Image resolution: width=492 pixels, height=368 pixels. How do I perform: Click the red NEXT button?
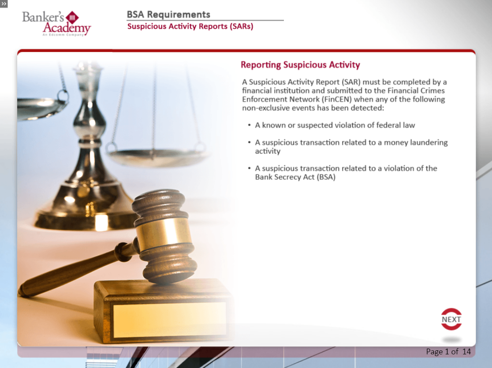(451, 319)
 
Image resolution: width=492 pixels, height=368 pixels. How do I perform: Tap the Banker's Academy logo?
(56, 23)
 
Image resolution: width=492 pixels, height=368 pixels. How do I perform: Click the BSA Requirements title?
(168, 15)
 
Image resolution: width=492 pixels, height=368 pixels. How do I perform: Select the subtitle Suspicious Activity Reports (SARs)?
(190, 26)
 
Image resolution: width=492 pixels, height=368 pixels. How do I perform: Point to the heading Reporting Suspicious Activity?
(300, 65)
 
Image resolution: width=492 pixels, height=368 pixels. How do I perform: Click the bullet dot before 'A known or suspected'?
(249, 125)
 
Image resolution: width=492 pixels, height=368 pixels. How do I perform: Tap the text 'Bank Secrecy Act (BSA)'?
(295, 177)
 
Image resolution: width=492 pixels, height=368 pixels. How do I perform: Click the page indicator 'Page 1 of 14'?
(448, 352)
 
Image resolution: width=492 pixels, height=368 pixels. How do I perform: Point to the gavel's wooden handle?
(75, 269)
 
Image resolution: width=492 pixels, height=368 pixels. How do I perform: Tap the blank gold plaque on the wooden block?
(169, 320)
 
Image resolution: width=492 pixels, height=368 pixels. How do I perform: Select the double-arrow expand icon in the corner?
(4, 4)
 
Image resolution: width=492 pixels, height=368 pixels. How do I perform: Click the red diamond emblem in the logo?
(72, 18)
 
